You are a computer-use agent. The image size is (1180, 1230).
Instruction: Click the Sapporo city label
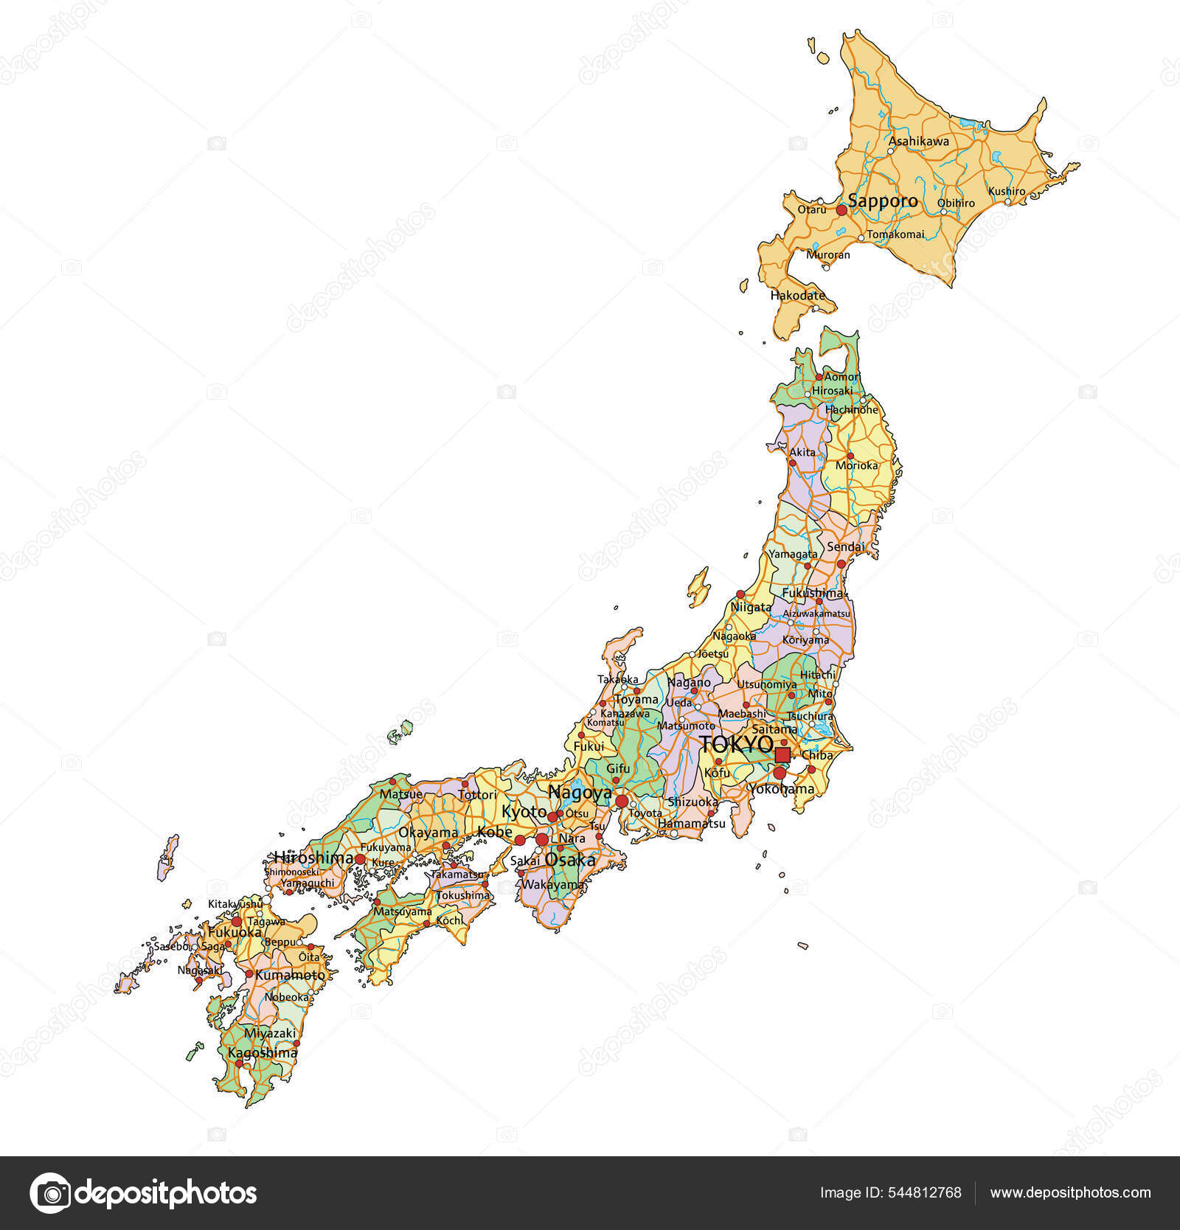pyautogui.click(x=883, y=201)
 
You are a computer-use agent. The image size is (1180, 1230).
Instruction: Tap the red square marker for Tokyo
pyautogui.click(x=782, y=754)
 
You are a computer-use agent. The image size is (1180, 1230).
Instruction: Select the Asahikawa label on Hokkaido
pyautogui.click(x=918, y=141)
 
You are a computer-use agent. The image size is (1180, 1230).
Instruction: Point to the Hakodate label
pyautogui.click(x=797, y=296)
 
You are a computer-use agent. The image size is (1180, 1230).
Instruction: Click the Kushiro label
pyautogui.click(x=1007, y=191)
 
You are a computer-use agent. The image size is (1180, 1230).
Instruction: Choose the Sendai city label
pyautogui.click(x=845, y=547)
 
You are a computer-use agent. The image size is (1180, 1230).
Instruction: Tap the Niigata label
pyautogui.click(x=751, y=607)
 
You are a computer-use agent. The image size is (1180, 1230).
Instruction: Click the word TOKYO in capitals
pyautogui.click(x=736, y=744)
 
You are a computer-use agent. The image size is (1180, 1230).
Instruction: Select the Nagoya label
pyautogui.click(x=580, y=793)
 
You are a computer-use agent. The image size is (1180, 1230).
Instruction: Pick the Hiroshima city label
pyautogui.click(x=313, y=858)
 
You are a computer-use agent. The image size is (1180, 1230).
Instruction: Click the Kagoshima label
pyautogui.click(x=263, y=1052)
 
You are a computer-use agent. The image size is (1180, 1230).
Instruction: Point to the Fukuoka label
pyautogui.click(x=235, y=932)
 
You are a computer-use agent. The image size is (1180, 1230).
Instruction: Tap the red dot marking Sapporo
pyautogui.click(x=841, y=210)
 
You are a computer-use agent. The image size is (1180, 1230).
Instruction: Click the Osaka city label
pyautogui.click(x=569, y=860)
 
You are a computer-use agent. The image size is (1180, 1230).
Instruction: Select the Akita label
pyautogui.click(x=802, y=452)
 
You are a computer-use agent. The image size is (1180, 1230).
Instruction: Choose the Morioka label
pyautogui.click(x=857, y=465)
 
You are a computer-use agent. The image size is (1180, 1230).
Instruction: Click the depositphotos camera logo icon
pyautogui.click(x=51, y=1192)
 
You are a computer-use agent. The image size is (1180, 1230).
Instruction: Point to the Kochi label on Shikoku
pyautogui.click(x=450, y=920)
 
